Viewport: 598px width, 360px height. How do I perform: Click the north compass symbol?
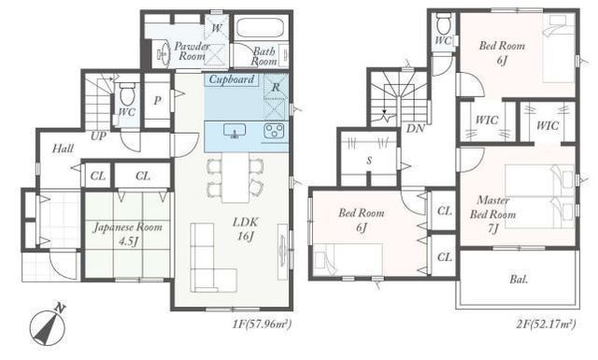(49, 325)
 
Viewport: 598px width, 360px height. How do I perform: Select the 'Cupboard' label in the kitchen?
(232, 79)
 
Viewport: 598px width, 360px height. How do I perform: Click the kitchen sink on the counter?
(235, 131)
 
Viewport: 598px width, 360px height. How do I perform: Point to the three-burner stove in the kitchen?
(274, 130)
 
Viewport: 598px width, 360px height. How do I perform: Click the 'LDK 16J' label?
(245, 229)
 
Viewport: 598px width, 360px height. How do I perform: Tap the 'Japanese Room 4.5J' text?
(128, 234)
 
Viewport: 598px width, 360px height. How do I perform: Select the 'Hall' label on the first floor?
(63, 148)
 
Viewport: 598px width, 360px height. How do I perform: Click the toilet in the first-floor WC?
(127, 95)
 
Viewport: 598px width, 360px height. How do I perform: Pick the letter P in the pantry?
(157, 101)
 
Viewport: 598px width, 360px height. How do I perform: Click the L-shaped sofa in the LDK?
(208, 257)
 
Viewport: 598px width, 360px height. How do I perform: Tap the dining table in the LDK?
(235, 177)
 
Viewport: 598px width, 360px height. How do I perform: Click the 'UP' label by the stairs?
(98, 136)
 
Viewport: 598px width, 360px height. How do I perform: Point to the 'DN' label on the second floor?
(415, 128)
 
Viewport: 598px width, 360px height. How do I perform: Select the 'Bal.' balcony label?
(520, 279)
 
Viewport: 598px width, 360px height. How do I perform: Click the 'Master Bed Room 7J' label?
(492, 214)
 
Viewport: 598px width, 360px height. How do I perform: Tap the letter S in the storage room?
(369, 161)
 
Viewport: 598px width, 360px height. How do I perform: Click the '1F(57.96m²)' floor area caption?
(262, 324)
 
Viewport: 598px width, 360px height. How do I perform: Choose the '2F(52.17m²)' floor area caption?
(546, 324)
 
